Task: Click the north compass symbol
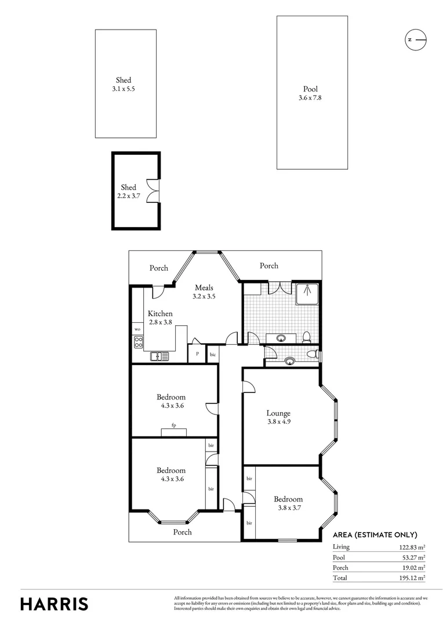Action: point(415,39)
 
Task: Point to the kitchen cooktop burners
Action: point(139,343)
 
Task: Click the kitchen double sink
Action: point(158,356)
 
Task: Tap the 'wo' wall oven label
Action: point(138,329)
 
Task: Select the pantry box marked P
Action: point(197,354)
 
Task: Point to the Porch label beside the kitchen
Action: point(159,268)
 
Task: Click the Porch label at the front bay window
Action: point(182,532)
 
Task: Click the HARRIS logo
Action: point(55,603)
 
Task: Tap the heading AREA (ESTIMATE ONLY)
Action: point(375,534)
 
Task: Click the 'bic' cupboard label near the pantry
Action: point(213,354)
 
